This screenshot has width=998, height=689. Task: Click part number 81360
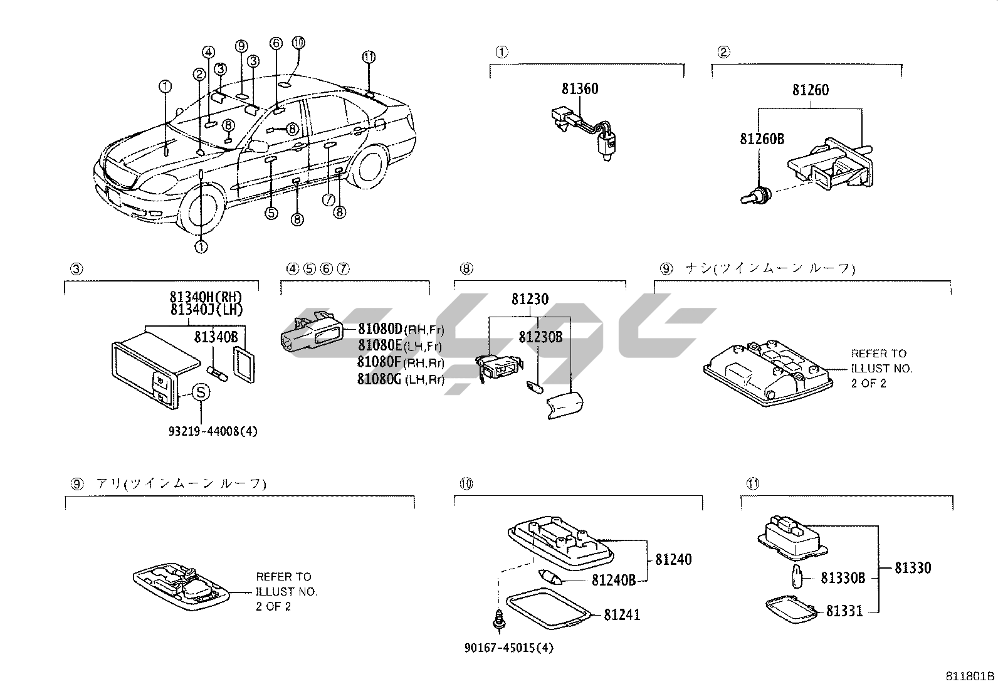(580, 89)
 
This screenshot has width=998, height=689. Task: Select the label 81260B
(762, 139)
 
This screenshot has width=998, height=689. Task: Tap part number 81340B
(216, 337)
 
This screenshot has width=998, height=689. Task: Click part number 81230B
(540, 337)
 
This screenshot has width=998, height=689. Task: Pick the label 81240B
(614, 581)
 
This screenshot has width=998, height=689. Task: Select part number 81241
(622, 614)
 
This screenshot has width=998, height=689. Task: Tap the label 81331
(844, 611)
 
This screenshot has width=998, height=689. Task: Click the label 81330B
(843, 578)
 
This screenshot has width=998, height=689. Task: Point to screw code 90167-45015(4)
(508, 648)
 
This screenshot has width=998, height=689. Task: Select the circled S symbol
(200, 393)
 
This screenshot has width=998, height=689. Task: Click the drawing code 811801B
(970, 676)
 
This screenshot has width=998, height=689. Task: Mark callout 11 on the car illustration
(369, 56)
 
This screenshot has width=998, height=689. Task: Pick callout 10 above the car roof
(298, 43)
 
